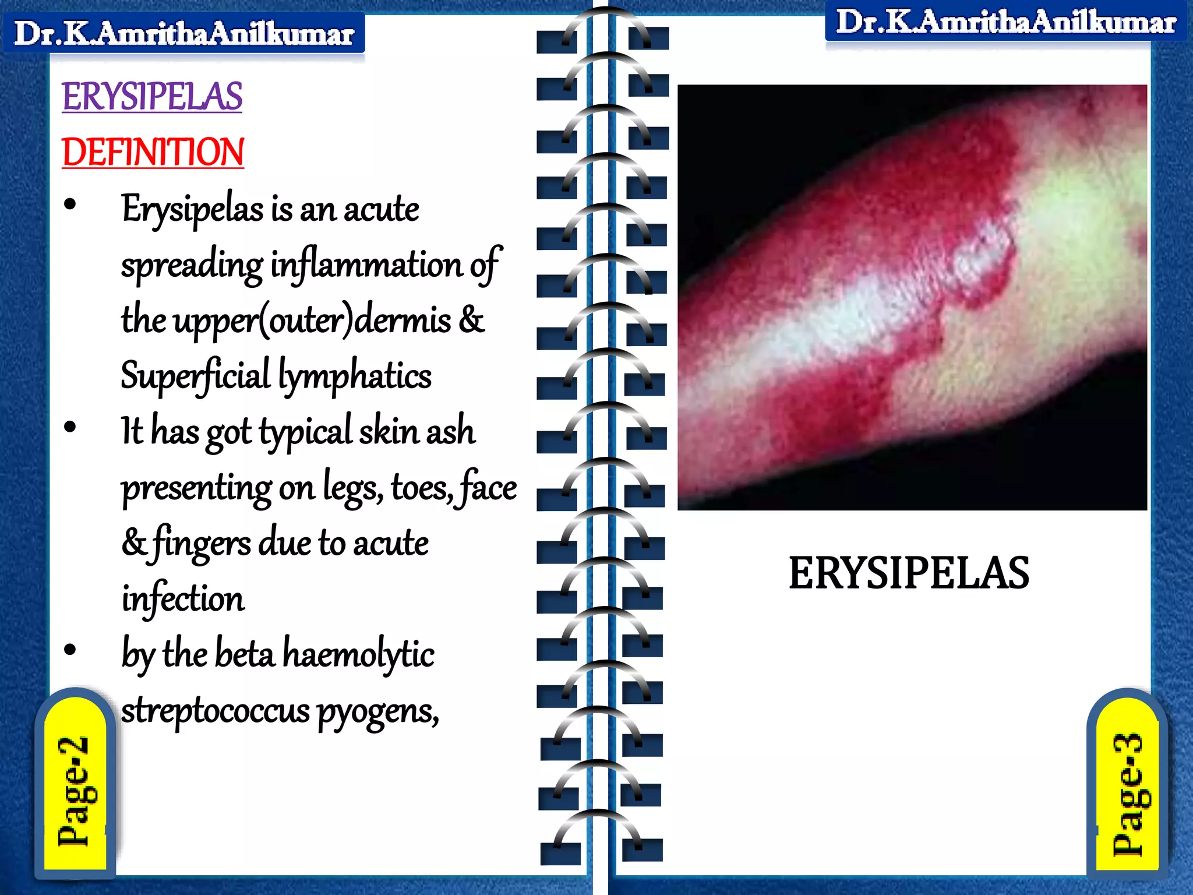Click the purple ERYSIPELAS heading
tap(152, 96)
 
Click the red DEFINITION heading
tap(153, 152)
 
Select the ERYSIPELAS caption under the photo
tap(909, 573)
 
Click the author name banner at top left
tap(184, 33)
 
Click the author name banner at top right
tap(1006, 22)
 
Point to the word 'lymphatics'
tap(355, 376)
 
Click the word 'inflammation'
tap(366, 265)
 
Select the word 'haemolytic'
tap(358, 654)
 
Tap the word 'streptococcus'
tap(216, 711)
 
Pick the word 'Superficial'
tap(196, 376)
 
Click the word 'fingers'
tap(202, 543)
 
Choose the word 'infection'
tap(183, 599)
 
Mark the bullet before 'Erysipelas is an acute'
tap(70, 205)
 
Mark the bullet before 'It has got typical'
tap(70, 427)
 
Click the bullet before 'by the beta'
tap(70, 650)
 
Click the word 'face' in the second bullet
tap(488, 487)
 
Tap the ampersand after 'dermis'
tap(472, 320)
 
